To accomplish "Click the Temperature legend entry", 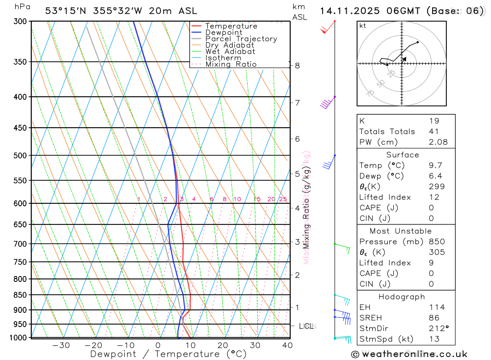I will click(231, 26).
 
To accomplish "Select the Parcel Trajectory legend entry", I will click(241, 39).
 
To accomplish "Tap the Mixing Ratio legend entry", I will click(231, 64).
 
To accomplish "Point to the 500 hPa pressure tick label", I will click(20, 156).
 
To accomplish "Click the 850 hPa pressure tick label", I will click(20, 295).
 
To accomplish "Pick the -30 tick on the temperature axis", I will click(61, 345).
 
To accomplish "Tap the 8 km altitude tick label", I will click(298, 65).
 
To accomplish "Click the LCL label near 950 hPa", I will click(306, 326).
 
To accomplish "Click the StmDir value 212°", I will click(436, 329).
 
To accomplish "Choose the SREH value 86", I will click(434, 318).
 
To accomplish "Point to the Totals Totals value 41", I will click(434, 132).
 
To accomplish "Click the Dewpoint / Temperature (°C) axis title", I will click(168, 354).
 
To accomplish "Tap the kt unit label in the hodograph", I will click(363, 26).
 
